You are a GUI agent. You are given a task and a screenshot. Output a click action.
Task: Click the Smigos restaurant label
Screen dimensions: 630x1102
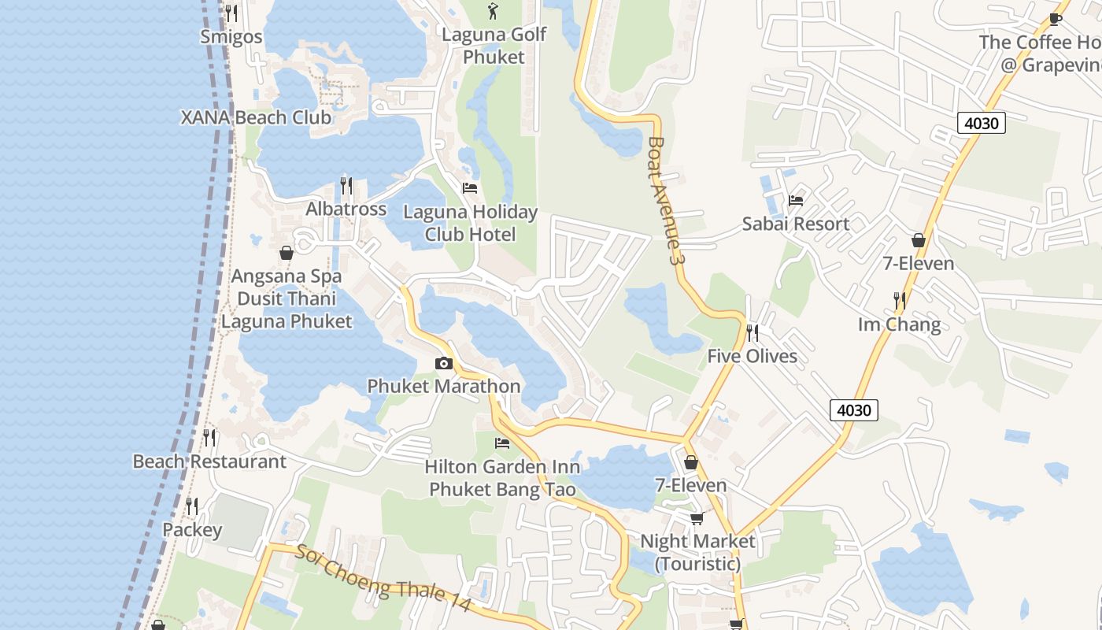231,36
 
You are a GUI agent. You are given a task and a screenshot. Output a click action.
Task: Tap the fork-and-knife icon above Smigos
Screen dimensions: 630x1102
231,13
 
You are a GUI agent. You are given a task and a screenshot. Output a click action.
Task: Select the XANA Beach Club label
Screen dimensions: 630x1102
256,118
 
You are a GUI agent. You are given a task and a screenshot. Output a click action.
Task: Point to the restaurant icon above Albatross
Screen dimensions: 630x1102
346,186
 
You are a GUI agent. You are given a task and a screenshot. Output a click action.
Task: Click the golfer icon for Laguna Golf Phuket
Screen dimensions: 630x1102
494,11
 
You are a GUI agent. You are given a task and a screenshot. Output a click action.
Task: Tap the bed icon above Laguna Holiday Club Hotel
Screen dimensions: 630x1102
470,188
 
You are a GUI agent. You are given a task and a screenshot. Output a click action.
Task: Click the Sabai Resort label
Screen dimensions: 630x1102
796,224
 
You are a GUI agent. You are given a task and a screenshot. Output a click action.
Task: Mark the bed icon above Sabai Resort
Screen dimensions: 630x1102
796,200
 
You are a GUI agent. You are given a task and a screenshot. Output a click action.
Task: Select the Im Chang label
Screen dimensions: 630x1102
899,324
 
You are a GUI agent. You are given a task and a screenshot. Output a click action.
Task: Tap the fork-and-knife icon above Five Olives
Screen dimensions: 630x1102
752,333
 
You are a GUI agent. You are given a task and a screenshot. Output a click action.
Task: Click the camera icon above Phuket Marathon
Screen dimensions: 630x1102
444,363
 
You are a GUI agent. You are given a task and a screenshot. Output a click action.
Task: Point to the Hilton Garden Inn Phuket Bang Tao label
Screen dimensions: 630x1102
502,478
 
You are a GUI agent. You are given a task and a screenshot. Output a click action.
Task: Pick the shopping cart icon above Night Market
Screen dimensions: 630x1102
697,518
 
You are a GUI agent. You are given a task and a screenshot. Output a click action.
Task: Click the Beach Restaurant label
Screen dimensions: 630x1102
209,461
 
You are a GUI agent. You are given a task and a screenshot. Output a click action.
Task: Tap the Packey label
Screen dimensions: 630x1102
192,530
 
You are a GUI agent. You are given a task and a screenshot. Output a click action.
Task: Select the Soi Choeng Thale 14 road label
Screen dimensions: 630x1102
383,578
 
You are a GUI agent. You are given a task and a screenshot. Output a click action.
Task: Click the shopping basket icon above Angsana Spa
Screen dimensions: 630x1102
287,253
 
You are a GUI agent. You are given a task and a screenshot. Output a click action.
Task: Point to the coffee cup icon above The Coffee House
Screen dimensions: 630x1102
1056,19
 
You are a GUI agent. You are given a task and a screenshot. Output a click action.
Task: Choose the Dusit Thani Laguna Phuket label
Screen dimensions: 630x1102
287,310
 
